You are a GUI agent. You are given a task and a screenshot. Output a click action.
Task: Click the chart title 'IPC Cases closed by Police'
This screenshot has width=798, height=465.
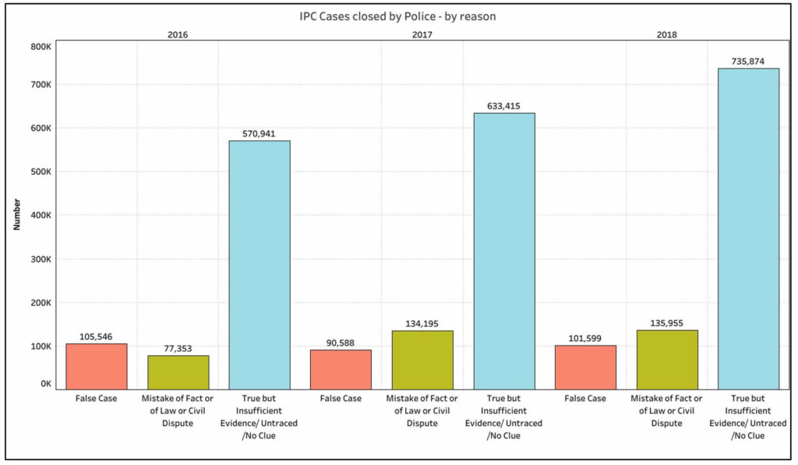[x=397, y=16]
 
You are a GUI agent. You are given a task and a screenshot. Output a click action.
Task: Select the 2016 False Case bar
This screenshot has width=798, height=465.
[x=97, y=366]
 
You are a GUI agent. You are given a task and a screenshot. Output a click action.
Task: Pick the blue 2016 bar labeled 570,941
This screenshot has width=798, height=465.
[x=260, y=264]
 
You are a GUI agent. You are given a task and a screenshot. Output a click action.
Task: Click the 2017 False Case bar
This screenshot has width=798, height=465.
[x=341, y=369]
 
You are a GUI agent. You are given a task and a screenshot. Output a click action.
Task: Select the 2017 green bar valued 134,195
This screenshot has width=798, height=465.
[x=422, y=360]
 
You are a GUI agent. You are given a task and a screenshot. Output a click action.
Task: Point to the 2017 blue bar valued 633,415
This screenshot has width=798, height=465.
[x=503, y=250]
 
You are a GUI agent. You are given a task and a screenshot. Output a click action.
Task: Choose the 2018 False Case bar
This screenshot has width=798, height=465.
[x=585, y=367]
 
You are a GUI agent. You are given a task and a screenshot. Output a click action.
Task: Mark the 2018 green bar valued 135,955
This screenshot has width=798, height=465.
[x=666, y=360]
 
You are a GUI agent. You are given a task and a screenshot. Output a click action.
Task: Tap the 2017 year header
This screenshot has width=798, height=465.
[x=422, y=34]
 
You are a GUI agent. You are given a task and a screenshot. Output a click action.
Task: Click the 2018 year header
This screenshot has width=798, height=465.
[x=666, y=34]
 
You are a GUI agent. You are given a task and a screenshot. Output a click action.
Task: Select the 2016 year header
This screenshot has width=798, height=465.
[x=178, y=34]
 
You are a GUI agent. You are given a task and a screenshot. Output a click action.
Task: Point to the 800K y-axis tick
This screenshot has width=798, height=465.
[x=40, y=46]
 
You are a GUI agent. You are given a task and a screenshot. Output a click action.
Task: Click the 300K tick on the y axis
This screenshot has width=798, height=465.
[x=40, y=259]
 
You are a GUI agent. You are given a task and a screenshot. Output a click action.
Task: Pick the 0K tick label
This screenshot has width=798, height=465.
[x=44, y=384]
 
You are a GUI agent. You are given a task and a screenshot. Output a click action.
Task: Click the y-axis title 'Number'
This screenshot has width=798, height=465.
[x=16, y=215]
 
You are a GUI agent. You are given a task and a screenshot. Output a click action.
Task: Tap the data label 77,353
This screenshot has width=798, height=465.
[x=178, y=348]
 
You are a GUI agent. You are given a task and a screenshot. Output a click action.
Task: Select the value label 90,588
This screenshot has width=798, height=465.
[x=341, y=342]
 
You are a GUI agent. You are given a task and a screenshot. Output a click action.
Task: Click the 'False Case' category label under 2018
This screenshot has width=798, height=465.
[x=585, y=399]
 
